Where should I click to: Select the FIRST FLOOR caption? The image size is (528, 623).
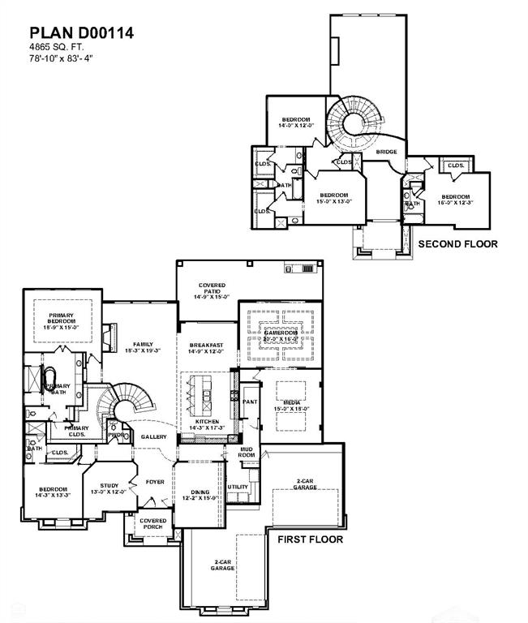pos(311,539)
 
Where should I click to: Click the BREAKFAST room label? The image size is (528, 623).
pos(205,348)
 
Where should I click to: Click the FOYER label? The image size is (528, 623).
pos(155,482)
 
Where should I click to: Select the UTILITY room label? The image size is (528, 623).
pos(238,487)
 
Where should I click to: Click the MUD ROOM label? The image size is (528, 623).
pos(247,452)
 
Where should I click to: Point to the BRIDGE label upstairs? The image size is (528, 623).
pos(387,153)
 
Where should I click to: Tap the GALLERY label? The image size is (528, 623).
pos(153,436)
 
